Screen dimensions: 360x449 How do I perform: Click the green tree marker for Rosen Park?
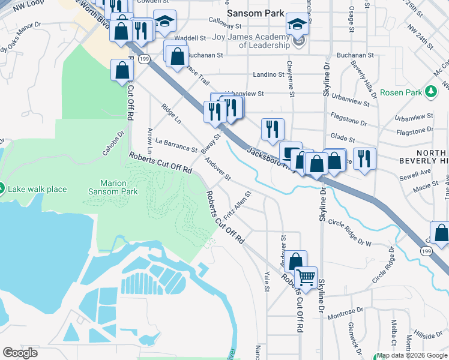coord(430,92)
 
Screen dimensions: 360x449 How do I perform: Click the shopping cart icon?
coord(306,278)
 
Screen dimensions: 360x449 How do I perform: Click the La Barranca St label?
coord(175,145)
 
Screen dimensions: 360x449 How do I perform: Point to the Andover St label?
coord(217,169)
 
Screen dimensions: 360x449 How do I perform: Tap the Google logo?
coord(20,353)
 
